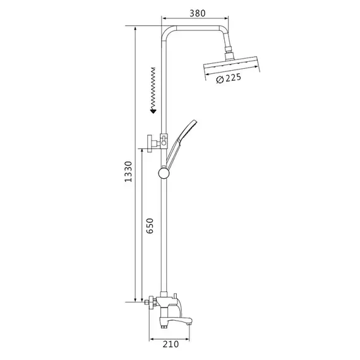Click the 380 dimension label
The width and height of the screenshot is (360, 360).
[x=197, y=13]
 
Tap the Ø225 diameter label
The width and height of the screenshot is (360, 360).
[x=229, y=78]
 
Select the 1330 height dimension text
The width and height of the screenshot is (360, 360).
[x=128, y=172]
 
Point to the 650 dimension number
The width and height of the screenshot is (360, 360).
[x=150, y=225]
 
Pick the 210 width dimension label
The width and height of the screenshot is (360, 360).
[x=171, y=344]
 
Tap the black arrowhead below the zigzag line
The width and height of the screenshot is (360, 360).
[x=153, y=111]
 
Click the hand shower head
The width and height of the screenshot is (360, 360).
[x=188, y=129]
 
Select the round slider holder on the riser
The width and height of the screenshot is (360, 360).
[x=164, y=173]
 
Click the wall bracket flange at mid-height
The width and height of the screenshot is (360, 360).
[x=150, y=144]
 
